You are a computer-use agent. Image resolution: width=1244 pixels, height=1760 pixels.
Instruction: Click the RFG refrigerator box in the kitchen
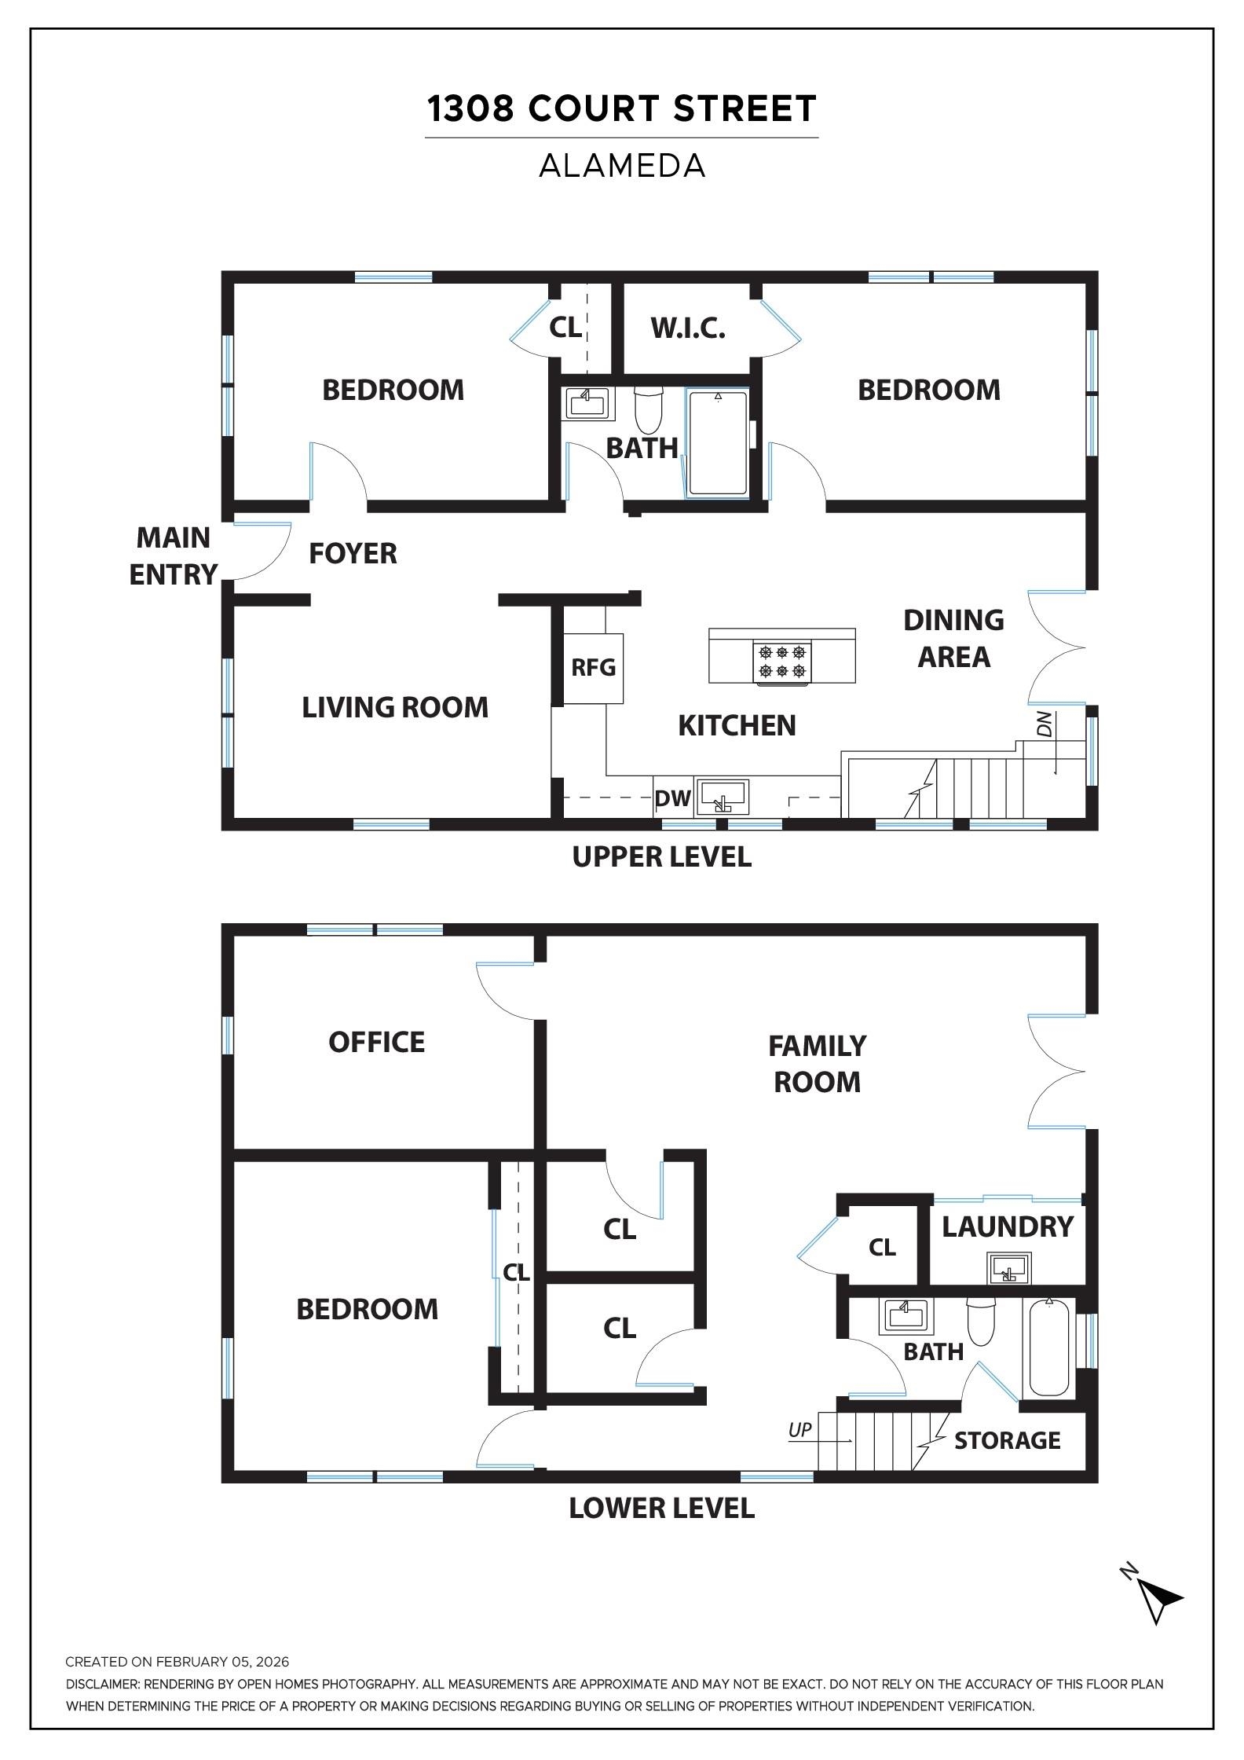tap(593, 668)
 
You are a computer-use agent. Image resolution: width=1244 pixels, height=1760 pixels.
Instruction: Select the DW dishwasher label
tap(672, 799)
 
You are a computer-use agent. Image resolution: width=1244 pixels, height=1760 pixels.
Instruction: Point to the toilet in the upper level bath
tap(649, 411)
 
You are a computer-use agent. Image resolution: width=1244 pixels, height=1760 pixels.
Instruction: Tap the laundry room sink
tap(1008, 1269)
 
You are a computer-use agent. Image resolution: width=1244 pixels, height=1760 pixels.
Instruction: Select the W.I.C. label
tap(688, 328)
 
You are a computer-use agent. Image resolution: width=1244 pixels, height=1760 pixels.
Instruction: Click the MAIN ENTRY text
tap(173, 556)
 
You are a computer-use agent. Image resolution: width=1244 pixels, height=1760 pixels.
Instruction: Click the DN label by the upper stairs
tap(1044, 724)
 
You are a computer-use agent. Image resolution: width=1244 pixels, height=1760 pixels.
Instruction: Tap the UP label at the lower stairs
tap(799, 1430)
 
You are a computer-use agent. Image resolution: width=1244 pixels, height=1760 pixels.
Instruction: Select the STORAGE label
tap(1007, 1440)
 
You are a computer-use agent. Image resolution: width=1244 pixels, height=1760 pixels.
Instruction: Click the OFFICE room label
tap(376, 1042)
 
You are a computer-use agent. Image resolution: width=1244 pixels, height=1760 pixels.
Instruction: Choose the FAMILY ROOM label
tap(817, 1064)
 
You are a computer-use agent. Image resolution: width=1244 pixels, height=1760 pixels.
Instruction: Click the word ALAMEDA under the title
tap(622, 166)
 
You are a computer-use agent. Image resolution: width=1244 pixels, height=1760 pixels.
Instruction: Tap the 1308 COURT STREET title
tap(622, 108)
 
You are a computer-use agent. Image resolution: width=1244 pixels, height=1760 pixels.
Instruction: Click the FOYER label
tap(353, 554)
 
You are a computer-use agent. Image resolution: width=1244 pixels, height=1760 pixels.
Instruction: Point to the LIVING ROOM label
tap(395, 707)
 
